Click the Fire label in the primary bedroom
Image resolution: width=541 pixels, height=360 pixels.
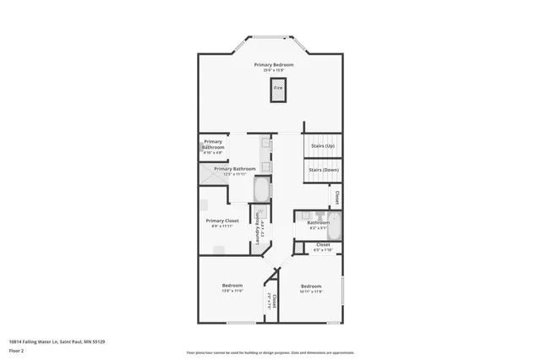coord(277,86)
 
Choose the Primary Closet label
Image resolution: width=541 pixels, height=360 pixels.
coord(222,221)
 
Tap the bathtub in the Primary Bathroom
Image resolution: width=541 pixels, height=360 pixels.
coord(261,189)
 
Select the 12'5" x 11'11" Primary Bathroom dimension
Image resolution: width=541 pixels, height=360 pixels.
coord(234,174)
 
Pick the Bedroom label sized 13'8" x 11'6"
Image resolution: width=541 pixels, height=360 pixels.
coord(232,286)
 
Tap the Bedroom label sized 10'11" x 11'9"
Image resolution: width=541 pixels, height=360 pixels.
coord(311,286)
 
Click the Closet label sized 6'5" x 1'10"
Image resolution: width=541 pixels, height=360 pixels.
coord(323,244)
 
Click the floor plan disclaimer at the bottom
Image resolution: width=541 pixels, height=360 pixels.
coord(270,352)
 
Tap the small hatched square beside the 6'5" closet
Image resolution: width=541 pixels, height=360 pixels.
coord(298,248)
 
